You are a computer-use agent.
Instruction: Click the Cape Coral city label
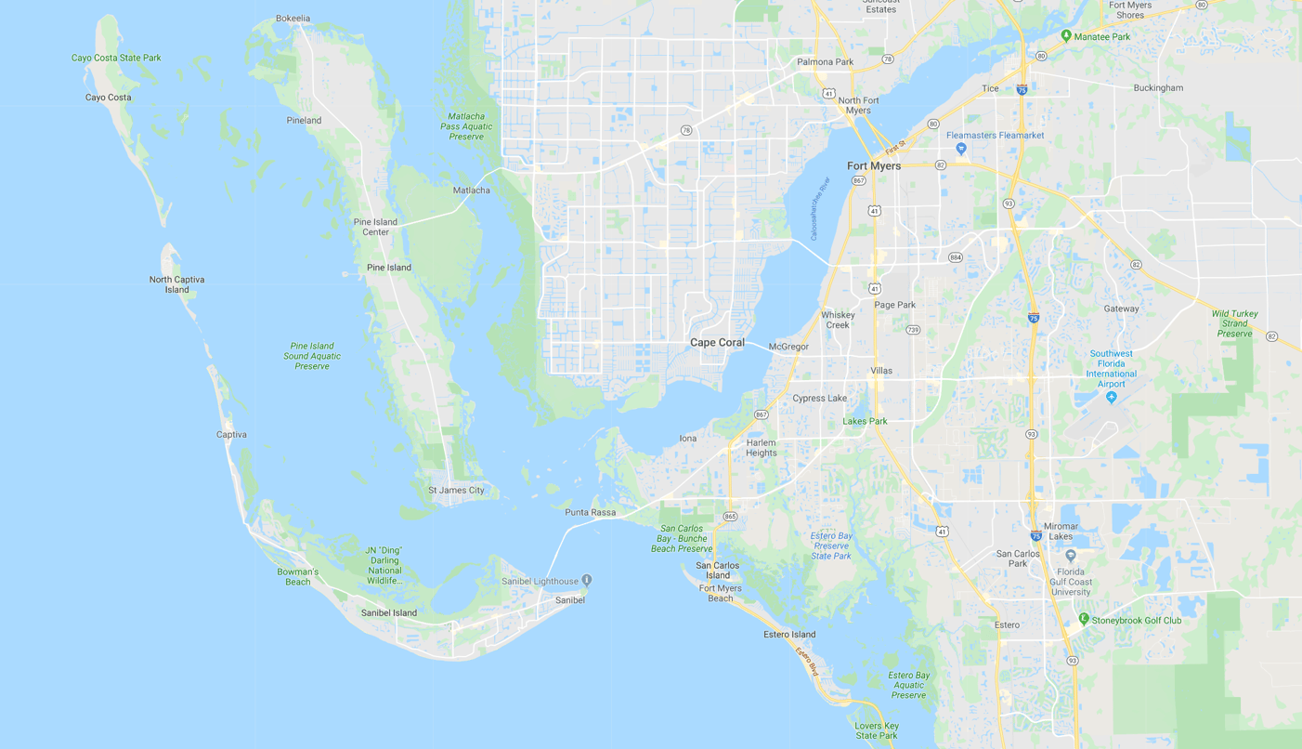pyautogui.click(x=717, y=343)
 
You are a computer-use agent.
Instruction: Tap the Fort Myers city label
pyautogui.click(x=874, y=166)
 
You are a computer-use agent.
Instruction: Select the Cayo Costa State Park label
pyautogui.click(x=116, y=58)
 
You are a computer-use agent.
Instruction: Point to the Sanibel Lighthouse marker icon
pyautogui.click(x=587, y=581)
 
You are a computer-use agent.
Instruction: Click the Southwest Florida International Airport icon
pyautogui.click(x=1112, y=398)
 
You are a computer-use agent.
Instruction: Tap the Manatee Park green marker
pyautogui.click(x=1066, y=36)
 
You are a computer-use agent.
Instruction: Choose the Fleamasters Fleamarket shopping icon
pyautogui.click(x=961, y=149)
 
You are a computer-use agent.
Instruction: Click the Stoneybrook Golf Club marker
pyautogui.click(x=1083, y=620)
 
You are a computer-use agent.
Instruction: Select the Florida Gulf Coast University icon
pyautogui.click(x=1071, y=556)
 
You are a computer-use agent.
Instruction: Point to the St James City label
pyautogui.click(x=456, y=491)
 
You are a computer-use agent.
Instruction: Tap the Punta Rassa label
pyautogui.click(x=590, y=513)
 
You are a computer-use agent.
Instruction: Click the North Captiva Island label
pyautogui.click(x=176, y=284)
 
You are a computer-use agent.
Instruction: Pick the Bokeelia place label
pyautogui.click(x=293, y=19)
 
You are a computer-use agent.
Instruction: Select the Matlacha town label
pyautogui.click(x=471, y=191)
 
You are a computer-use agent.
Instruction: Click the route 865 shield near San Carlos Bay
pyautogui.click(x=730, y=517)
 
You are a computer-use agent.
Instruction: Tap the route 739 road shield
pyautogui.click(x=913, y=330)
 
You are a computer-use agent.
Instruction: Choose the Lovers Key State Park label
pyautogui.click(x=877, y=730)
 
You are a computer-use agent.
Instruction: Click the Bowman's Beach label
pyautogui.click(x=298, y=577)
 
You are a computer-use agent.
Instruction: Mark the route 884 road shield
pyautogui.click(x=955, y=257)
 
